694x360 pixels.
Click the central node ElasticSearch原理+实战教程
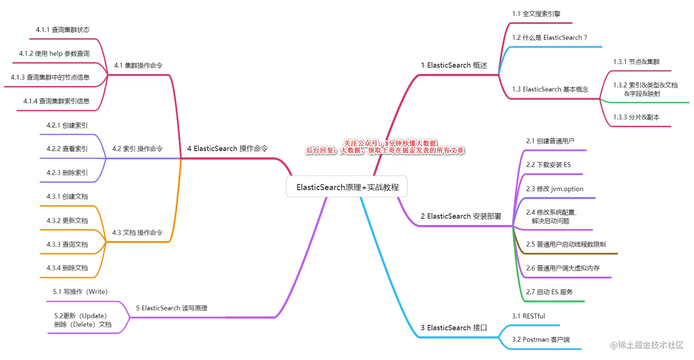347,187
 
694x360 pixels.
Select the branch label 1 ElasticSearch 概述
453,65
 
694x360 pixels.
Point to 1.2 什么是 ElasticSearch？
550,38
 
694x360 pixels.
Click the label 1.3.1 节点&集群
636,62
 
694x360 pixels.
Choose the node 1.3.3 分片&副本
636,117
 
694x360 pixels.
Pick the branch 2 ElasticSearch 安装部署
461,216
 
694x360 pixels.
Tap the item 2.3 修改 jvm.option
555,189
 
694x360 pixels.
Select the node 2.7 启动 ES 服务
549,292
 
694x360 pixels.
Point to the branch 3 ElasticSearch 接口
453,327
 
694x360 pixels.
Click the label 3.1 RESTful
529,316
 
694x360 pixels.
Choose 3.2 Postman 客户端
541,339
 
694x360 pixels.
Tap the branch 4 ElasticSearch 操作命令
227,148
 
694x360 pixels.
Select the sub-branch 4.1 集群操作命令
138,65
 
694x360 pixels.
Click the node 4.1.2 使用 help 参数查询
54,54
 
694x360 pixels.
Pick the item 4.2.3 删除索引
67,173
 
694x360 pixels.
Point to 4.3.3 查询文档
67,244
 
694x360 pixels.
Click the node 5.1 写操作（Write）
80,292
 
